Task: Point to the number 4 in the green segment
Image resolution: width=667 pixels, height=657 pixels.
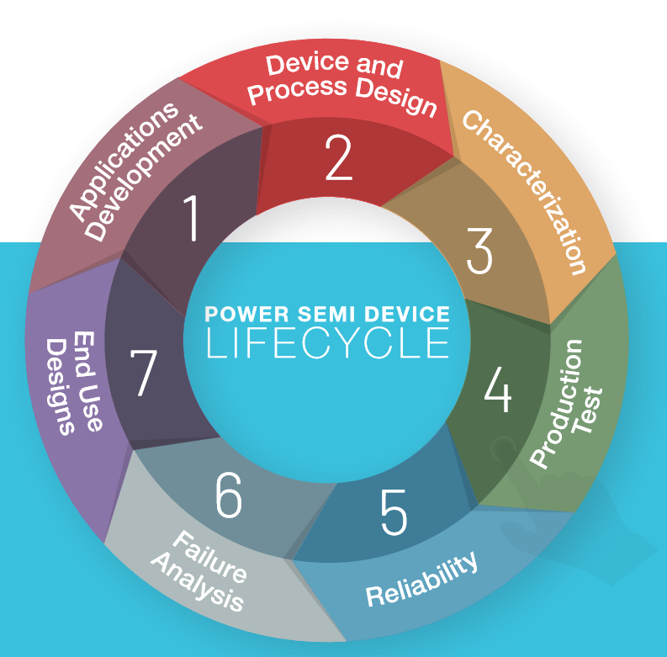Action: [497, 389]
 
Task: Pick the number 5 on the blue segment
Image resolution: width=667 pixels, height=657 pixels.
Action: [394, 511]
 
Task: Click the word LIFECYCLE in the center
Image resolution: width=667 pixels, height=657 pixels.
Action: [328, 343]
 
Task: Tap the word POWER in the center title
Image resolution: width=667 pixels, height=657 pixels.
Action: [239, 315]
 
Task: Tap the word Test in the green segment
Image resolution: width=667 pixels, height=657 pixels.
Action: [588, 410]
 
